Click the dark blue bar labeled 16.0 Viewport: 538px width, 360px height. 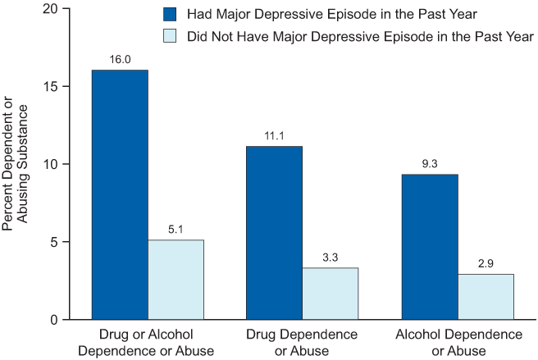[120, 194]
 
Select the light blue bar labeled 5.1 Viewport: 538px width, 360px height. [176, 279]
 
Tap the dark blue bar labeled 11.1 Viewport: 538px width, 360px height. [274, 232]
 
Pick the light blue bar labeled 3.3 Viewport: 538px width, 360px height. [330, 293]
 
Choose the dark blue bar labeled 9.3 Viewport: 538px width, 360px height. [430, 246]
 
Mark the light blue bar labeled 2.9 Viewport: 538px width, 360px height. [486, 296]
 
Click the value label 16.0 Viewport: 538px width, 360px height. [120, 60]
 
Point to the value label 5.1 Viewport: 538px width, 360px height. [176, 230]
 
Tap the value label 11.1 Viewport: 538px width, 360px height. [274, 136]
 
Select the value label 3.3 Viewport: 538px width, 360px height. [330, 257]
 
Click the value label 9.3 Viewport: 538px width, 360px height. [430, 164]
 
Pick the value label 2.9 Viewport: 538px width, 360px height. [486, 263]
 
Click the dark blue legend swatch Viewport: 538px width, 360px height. [170, 15]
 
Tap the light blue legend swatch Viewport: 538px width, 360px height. [170, 36]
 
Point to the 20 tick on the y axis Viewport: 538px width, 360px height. [54, 9]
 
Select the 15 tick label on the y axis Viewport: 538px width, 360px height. [54, 87]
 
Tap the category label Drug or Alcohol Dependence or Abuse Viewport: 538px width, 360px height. [148, 343]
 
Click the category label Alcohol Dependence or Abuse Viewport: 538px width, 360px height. [458, 343]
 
